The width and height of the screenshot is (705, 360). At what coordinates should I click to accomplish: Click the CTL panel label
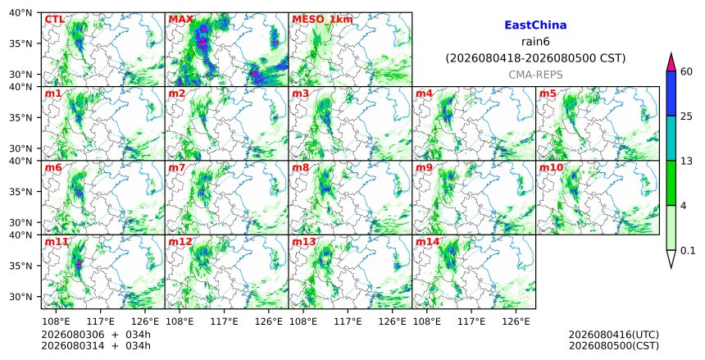pyautogui.click(x=55, y=20)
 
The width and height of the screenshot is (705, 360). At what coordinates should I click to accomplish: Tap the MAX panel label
pyautogui.click(x=180, y=20)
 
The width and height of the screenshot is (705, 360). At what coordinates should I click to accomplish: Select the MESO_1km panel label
pyautogui.click(x=322, y=20)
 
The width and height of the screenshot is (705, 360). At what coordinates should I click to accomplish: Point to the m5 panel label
pyautogui.click(x=548, y=93)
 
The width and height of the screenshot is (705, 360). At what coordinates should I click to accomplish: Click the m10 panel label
pyautogui.click(x=551, y=168)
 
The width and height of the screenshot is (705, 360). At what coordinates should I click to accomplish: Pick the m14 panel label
pyautogui.click(x=427, y=242)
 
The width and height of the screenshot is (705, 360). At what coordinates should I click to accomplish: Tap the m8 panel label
pyautogui.click(x=301, y=168)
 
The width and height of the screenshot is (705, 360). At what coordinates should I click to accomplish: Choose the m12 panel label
pyautogui.click(x=180, y=242)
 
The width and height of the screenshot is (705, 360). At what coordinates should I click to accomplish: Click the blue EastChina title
pyautogui.click(x=535, y=25)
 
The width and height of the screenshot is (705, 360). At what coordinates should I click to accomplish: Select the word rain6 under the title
pyautogui.click(x=535, y=42)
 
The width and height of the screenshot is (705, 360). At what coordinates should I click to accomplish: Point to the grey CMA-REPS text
pyautogui.click(x=535, y=75)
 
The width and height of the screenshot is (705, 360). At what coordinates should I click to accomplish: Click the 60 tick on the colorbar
pyautogui.click(x=687, y=71)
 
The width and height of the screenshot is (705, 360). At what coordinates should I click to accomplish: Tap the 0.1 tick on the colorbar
pyautogui.click(x=688, y=251)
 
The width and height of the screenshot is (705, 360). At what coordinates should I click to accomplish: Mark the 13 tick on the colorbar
pyautogui.click(x=686, y=161)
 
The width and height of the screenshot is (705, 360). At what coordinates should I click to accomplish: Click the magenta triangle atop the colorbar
pyautogui.click(x=671, y=62)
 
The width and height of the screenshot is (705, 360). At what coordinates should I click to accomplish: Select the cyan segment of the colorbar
pyautogui.click(x=671, y=139)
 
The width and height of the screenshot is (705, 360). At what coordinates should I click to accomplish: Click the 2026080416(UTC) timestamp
pyautogui.click(x=614, y=335)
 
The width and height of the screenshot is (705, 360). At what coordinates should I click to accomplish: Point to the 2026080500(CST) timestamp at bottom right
pyautogui.click(x=614, y=346)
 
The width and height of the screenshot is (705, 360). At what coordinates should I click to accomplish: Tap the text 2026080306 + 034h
pyautogui.click(x=96, y=335)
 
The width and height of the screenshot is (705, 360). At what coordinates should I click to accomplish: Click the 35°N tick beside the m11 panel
pyautogui.click(x=21, y=266)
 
